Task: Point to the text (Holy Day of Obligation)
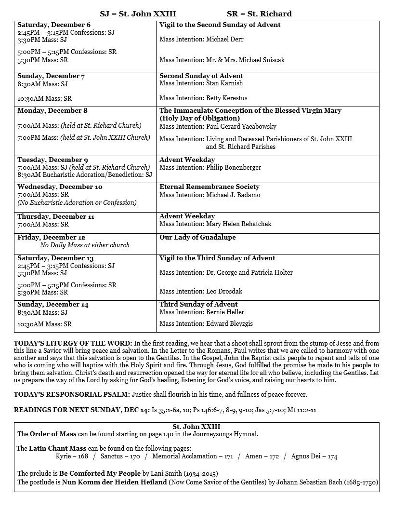(200, 118)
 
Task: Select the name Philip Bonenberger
(234, 168)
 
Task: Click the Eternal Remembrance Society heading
(210, 187)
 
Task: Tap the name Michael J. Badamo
(233, 195)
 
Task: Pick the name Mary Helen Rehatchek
(239, 224)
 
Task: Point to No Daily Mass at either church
(85, 245)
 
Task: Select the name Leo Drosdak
(225, 292)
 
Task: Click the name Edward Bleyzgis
(229, 324)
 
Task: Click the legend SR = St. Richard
(259, 13)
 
